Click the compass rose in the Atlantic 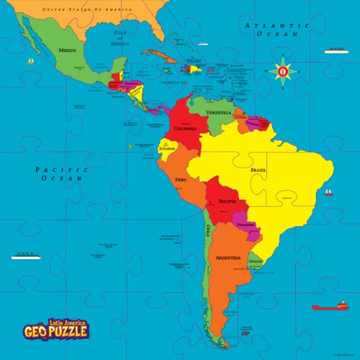tap(283, 71)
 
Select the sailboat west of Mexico tap(30, 62)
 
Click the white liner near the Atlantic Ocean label tap(335, 50)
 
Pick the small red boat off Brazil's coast tap(328, 192)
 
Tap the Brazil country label tap(258, 169)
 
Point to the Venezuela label tap(218, 113)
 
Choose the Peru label tap(181, 179)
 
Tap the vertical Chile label tap(208, 231)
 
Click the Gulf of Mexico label tap(119, 37)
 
